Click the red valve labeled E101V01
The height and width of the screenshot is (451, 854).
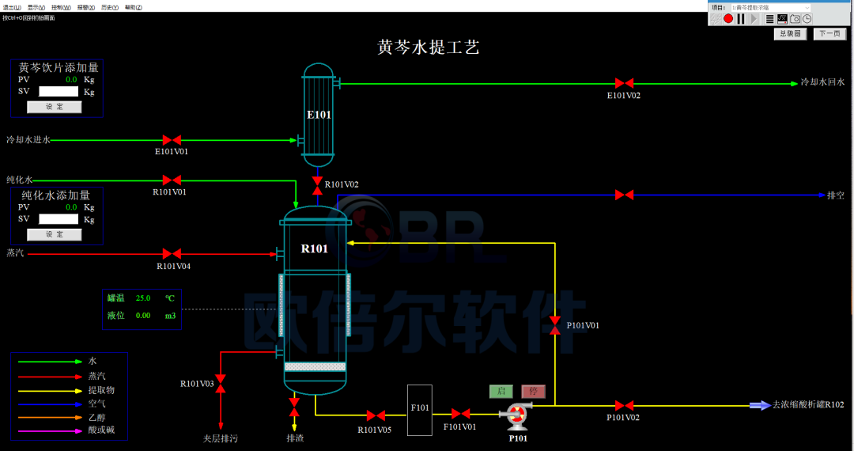(172, 140)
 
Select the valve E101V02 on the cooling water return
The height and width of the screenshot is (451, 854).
(624, 83)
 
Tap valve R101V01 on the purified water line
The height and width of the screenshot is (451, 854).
(172, 180)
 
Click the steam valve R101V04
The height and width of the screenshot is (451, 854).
(172, 253)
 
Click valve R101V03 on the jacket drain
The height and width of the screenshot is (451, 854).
(221, 384)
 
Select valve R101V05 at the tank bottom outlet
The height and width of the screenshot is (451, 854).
(375, 415)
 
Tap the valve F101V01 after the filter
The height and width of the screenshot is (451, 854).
(459, 413)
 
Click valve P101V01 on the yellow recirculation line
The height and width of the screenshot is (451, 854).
(555, 324)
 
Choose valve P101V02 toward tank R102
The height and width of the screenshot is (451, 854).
(624, 405)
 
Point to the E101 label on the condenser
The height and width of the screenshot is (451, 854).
(319, 115)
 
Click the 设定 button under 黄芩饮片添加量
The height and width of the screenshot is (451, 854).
(54, 107)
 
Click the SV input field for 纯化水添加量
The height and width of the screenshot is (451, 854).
(59, 219)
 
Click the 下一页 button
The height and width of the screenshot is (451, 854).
(829, 34)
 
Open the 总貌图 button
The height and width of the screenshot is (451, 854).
(789, 34)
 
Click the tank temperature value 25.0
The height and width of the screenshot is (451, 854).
(143, 298)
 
